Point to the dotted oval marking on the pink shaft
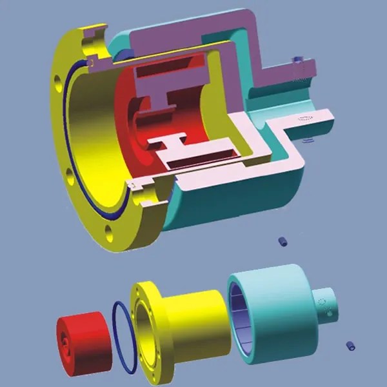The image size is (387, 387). point(304,119)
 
